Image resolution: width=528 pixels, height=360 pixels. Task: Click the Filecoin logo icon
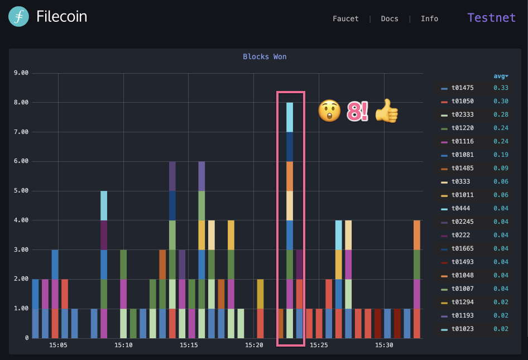[18, 17]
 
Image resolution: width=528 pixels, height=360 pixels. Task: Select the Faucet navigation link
[345, 18]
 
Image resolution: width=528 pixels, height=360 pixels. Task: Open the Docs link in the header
[390, 18]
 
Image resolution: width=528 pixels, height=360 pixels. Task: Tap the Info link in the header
[429, 18]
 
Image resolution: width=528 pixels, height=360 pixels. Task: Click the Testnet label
[491, 17]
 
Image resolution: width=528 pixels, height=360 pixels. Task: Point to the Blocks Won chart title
[265, 56]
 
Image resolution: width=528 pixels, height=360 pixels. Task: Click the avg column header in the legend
[501, 76]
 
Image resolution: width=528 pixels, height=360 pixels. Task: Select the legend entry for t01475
[462, 88]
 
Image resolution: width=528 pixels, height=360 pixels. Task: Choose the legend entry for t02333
[462, 114]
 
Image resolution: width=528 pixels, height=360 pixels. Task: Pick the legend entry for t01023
[462, 329]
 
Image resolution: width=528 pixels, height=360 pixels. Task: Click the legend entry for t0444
[460, 208]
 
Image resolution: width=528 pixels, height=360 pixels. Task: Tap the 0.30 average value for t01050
[501, 101]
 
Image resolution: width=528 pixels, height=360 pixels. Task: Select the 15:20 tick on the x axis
[254, 345]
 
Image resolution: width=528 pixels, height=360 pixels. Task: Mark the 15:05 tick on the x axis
[58, 345]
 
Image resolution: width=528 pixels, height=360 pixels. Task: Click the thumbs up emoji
[386, 111]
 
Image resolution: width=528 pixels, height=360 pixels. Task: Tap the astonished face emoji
[329, 111]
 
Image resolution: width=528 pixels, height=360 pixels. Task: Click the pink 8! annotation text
[357, 111]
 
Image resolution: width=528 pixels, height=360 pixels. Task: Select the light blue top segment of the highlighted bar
[290, 117]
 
